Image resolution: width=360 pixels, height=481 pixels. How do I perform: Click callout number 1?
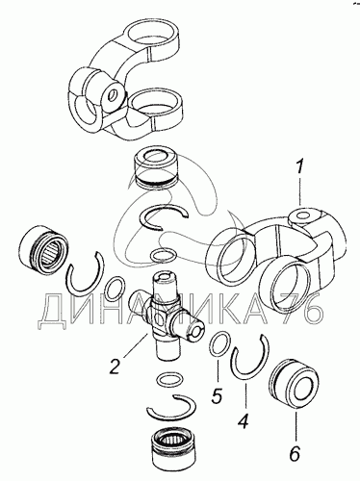(299, 167)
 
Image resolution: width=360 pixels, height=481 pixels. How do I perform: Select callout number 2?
(115, 367)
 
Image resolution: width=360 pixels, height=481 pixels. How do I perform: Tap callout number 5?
(217, 395)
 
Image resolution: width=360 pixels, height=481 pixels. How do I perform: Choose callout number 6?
(295, 453)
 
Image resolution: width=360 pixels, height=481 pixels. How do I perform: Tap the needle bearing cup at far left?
(43, 247)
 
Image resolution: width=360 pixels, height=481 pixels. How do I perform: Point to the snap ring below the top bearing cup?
(166, 216)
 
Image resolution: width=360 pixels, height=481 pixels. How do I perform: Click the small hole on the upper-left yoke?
(113, 95)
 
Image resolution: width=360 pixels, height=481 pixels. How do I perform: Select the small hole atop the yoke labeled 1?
(302, 215)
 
